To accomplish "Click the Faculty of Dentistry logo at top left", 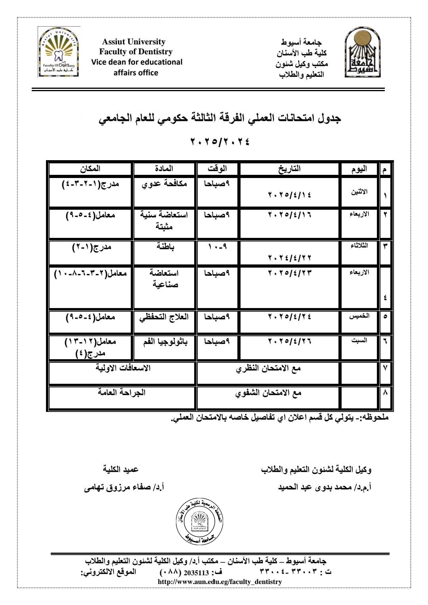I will click(x=59, y=52).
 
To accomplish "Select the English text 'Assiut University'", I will click(x=134, y=42).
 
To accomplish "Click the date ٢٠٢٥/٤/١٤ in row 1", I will click(x=290, y=195).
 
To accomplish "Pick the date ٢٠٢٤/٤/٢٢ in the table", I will click(x=290, y=258).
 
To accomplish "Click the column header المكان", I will click(x=90, y=168).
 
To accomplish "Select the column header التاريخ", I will click(x=290, y=168).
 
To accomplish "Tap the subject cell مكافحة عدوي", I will click(x=164, y=184).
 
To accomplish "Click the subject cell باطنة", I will click(x=165, y=247).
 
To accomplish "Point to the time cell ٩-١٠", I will click(x=217, y=247).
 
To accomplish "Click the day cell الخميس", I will click(x=359, y=316).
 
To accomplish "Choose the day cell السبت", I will click(x=359, y=340).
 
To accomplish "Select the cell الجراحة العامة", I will click(x=122, y=392).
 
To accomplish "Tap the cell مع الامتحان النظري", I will click(x=268, y=368).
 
